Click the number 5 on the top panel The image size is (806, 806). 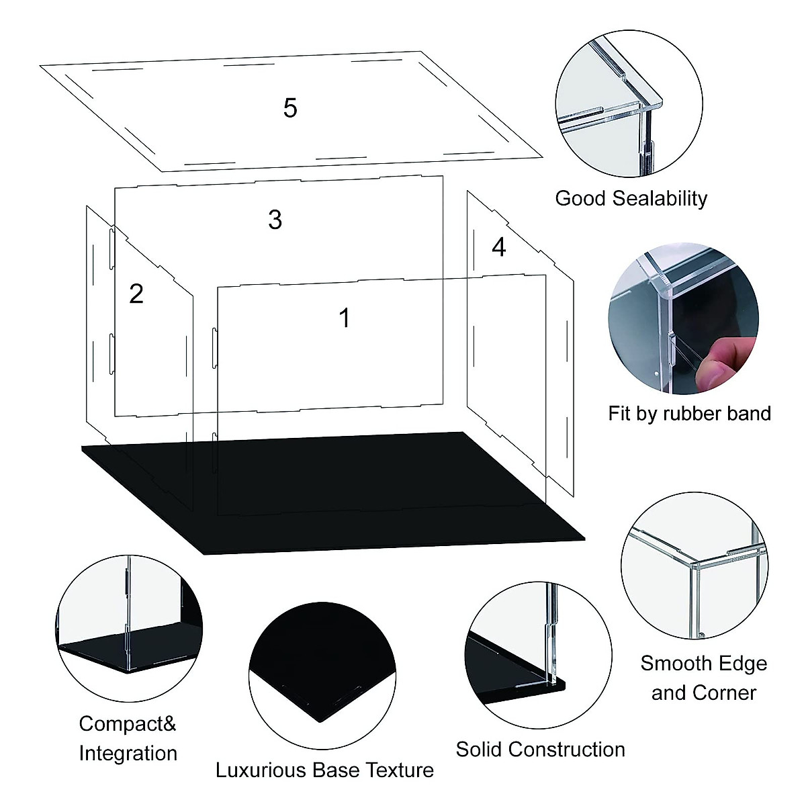coord(290,108)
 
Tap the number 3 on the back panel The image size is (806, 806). coord(275,220)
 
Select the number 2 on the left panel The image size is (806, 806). coord(136,294)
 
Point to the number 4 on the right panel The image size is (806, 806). coord(498,247)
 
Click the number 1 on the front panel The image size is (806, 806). coord(345,318)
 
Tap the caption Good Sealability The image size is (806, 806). coord(631,198)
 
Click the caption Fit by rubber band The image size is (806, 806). coord(689,413)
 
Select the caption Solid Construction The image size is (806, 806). coord(540,749)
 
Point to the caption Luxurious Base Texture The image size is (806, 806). coord(324,770)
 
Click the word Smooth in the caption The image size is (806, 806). coord(672,664)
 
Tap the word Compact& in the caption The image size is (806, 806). coord(128,723)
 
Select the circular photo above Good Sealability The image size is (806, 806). coord(629,104)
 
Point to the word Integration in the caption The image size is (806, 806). coord(128,753)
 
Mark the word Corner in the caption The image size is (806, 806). coord(729,692)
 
